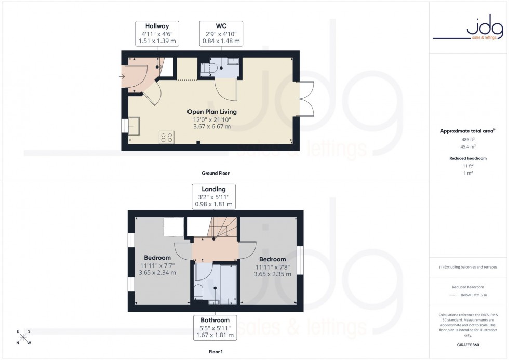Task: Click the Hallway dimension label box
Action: (x=156, y=33)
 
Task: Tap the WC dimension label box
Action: (x=221, y=33)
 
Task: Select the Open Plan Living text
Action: (x=212, y=112)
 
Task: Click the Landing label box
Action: (x=213, y=197)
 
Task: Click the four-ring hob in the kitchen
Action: (x=167, y=138)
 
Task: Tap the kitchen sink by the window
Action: (x=133, y=126)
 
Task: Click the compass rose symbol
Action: (x=23, y=337)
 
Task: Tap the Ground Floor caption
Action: (x=216, y=173)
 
